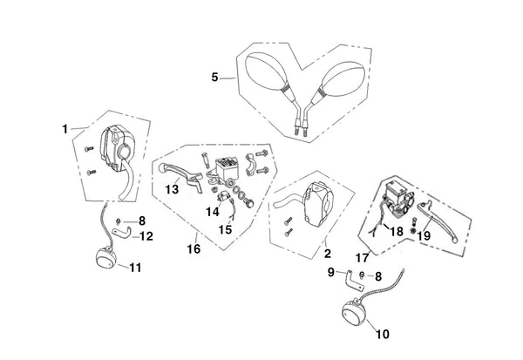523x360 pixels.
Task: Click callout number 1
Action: tap(65, 128)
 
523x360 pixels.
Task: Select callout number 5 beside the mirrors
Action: tap(215, 78)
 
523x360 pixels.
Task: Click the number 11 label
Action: tap(133, 267)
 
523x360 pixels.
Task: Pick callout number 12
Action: tap(146, 236)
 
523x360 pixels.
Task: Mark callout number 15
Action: tap(226, 230)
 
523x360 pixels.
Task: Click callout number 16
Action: tap(194, 249)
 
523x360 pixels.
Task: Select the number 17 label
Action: tap(360, 257)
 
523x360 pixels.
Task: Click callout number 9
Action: tap(330, 272)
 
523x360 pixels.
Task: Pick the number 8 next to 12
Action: tap(142, 221)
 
